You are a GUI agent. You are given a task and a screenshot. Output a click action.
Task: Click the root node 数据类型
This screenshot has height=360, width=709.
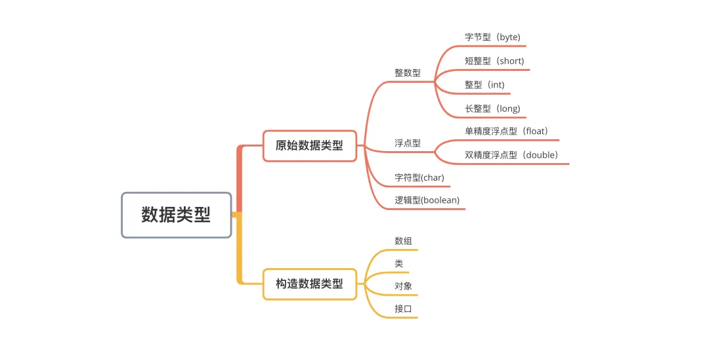tap(176, 215)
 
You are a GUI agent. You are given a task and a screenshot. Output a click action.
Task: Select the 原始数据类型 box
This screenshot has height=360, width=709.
tap(309, 146)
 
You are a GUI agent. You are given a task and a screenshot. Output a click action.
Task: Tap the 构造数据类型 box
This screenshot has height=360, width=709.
tap(309, 284)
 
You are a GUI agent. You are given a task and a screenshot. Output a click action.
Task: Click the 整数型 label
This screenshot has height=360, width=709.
tap(408, 73)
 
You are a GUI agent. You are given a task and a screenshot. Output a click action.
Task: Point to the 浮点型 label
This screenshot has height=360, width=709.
tap(408, 143)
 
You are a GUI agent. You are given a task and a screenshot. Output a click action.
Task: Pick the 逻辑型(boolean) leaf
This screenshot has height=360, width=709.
tap(427, 200)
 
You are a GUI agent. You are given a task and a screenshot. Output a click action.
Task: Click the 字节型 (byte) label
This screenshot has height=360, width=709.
tap(492, 37)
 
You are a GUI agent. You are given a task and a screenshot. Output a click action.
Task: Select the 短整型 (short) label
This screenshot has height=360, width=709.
tap(494, 61)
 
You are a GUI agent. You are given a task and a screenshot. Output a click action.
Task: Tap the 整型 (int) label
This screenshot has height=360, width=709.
tap(484, 85)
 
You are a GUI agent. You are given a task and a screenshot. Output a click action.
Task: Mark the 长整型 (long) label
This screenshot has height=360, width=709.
tap(492, 108)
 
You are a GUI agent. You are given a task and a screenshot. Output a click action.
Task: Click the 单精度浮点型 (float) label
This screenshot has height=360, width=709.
tap(506, 131)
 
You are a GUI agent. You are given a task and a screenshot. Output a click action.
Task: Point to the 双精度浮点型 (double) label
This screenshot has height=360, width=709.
tap(511, 155)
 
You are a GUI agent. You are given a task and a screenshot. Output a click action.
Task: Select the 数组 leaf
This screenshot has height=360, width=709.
tap(404, 241)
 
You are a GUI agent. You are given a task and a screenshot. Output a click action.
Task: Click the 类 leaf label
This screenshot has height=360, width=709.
tap(399, 263)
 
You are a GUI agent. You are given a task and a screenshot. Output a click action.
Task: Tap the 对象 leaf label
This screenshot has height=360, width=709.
tap(404, 286)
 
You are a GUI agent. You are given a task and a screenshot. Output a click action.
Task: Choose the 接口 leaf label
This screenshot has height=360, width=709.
tap(404, 308)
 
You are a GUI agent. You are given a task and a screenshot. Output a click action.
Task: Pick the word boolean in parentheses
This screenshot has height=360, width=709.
tap(440, 200)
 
